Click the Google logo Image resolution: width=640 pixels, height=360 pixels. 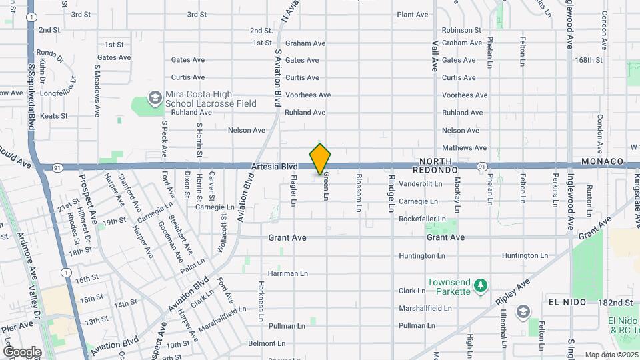click(21, 351)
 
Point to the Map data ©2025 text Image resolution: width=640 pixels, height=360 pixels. click(611, 355)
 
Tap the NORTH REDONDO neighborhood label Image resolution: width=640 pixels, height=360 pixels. click(437, 167)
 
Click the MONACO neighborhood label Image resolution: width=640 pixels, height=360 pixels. click(601, 162)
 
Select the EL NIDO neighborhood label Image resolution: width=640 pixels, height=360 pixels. click(567, 302)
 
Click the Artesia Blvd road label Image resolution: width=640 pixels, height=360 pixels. click(274, 166)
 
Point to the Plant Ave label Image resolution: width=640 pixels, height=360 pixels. click(413, 15)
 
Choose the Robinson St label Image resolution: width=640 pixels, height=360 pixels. click(461, 30)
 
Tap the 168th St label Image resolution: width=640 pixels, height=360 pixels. click(589, 60)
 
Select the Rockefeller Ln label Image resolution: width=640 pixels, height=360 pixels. click(422, 219)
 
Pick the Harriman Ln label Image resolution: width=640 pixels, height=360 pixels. click(287, 273)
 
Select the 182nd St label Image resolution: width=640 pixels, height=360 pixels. click(615, 303)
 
